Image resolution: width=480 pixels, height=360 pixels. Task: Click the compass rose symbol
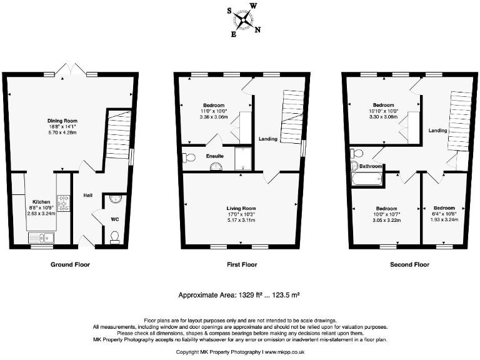point(244,20)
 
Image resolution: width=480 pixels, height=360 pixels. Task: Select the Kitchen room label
point(41,202)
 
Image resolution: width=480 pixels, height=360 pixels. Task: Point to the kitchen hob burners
point(63,202)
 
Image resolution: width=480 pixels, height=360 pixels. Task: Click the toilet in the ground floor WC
point(114,236)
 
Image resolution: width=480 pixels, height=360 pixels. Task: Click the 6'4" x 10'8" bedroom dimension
point(444,214)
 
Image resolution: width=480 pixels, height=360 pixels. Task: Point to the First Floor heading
point(240,264)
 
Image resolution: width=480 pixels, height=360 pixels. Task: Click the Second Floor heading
point(409,264)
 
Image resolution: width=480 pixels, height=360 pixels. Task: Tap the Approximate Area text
point(240,294)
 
